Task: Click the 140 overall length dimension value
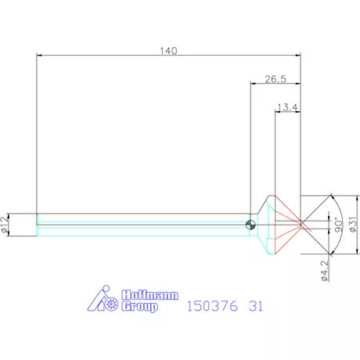pyautogui.click(x=169, y=50)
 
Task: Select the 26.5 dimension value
pyautogui.click(x=275, y=78)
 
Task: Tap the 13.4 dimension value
pyautogui.click(x=288, y=107)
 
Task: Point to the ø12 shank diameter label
pyautogui.click(x=5, y=225)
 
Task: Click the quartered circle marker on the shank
pyautogui.click(x=250, y=225)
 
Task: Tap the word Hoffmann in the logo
pyautogui.click(x=149, y=295)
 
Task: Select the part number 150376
pyautogui.click(x=211, y=306)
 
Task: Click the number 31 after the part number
pyautogui.click(x=256, y=306)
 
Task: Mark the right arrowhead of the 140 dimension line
pyautogui.click(x=298, y=55)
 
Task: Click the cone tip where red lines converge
pyautogui.click(x=302, y=225)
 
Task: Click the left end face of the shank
pyautogui.click(x=37, y=225)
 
